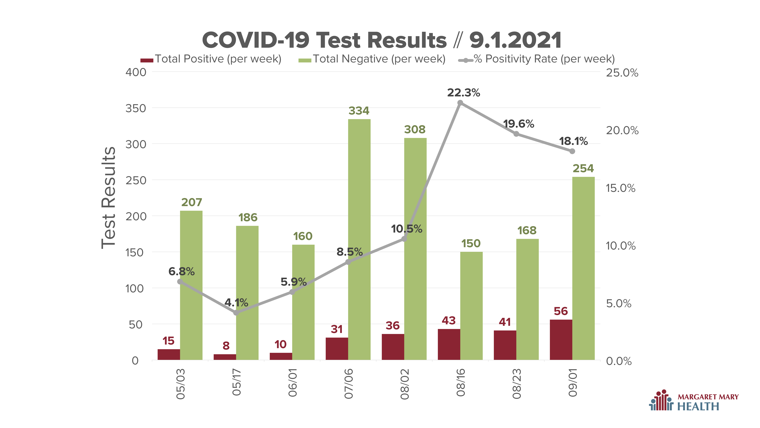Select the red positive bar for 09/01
(561, 340)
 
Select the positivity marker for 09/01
(572, 151)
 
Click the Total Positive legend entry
(211, 59)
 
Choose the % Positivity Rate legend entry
(536, 59)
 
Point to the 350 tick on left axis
(136, 108)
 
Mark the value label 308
(415, 129)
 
